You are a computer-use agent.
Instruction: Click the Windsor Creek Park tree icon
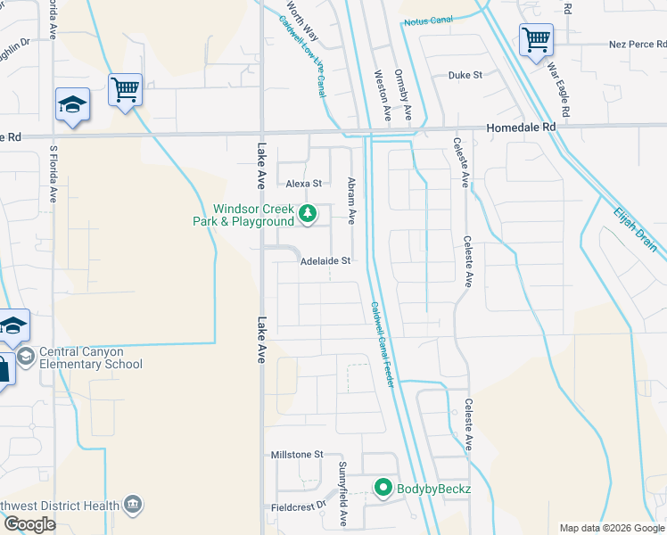(308, 213)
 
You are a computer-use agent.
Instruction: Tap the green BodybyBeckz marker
(383, 487)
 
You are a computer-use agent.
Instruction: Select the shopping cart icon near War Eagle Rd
(536, 38)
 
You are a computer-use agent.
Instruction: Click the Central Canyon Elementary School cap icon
(26, 357)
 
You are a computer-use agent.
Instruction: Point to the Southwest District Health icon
(133, 506)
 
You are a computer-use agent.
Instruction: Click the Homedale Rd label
(521, 128)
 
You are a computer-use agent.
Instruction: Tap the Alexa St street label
(303, 184)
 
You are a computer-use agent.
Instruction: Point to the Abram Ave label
(351, 200)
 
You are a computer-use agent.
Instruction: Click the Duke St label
(465, 75)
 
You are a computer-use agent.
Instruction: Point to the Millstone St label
(297, 455)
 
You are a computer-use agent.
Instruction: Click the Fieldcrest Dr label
(300, 507)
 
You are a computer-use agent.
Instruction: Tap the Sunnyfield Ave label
(342, 493)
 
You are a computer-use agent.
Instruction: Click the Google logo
(29, 524)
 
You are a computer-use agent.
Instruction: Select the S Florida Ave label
(54, 175)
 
